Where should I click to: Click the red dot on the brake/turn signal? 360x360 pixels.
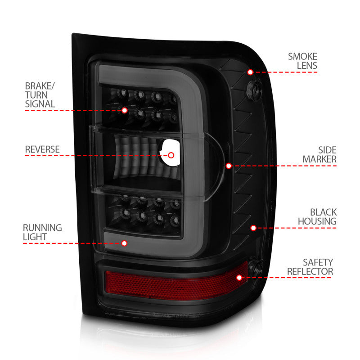pos(125,110)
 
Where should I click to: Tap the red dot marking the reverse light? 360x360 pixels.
pos(171,155)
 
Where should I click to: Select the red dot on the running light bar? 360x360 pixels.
pos(125,243)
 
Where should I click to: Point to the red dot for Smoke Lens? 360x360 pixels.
pos(250,72)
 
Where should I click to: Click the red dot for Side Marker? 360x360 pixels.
pos(229,166)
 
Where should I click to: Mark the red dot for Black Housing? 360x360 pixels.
pos(253,228)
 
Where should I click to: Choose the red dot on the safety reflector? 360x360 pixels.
pos(239,278)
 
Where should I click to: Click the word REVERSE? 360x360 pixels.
pos(42,149)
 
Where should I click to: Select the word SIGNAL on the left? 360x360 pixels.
pos(40,104)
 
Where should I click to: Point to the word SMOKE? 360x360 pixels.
pos(302,57)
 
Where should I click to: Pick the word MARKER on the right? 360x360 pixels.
pos(319,159)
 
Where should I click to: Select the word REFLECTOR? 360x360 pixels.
pos(310,272)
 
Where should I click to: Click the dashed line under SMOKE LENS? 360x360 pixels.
pos(292,72)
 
